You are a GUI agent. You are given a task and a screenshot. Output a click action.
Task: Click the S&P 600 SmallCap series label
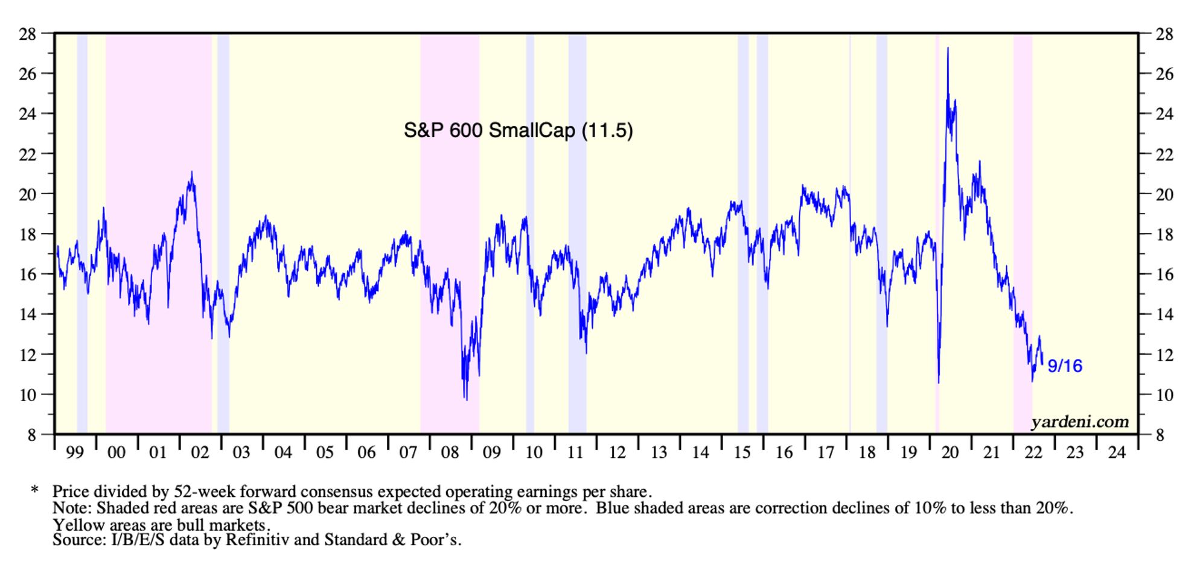point(518,130)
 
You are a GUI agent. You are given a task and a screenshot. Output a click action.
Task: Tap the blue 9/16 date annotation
point(1065,366)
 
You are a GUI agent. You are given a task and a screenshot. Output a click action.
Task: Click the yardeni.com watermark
point(1079,422)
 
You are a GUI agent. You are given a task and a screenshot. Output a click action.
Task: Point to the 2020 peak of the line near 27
point(948,49)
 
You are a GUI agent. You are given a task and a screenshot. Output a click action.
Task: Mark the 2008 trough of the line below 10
point(466,398)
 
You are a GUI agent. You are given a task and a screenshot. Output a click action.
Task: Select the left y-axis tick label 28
point(28,34)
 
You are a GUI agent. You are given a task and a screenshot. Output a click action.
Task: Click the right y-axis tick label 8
point(1160,435)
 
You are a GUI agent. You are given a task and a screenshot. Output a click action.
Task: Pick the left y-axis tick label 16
point(28,274)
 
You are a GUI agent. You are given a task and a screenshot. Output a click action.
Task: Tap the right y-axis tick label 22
point(1164,154)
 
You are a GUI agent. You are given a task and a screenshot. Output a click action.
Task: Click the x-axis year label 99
point(75,452)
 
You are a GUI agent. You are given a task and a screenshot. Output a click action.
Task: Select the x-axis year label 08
point(450,452)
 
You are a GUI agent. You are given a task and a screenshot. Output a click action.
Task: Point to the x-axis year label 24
point(1117,452)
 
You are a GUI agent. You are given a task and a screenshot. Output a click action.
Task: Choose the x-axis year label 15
point(742,452)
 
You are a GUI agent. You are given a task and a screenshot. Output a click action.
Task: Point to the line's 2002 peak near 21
point(192,173)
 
